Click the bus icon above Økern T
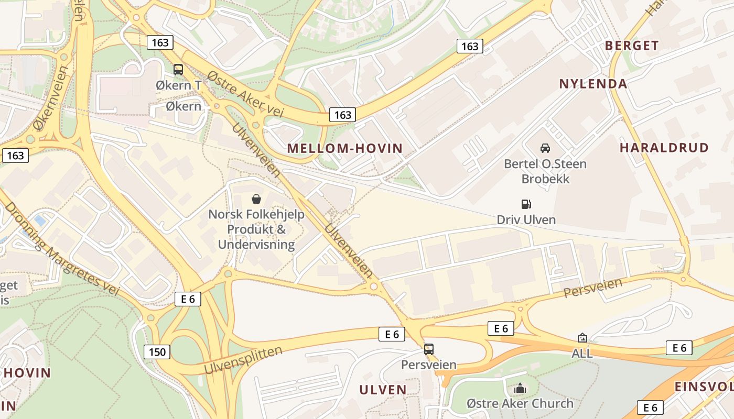(x=178, y=69)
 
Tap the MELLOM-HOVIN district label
(x=345, y=148)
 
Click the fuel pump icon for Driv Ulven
(x=526, y=204)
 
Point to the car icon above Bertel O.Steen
(x=545, y=148)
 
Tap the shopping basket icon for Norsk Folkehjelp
(x=256, y=199)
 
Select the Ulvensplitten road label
(x=243, y=360)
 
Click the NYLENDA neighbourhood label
(x=593, y=84)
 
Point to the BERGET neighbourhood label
(x=632, y=46)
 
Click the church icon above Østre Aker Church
(x=520, y=388)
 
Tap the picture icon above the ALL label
(x=582, y=338)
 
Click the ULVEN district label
(x=383, y=390)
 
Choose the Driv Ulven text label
(x=526, y=219)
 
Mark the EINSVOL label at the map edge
(x=704, y=387)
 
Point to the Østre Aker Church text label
(x=520, y=404)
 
